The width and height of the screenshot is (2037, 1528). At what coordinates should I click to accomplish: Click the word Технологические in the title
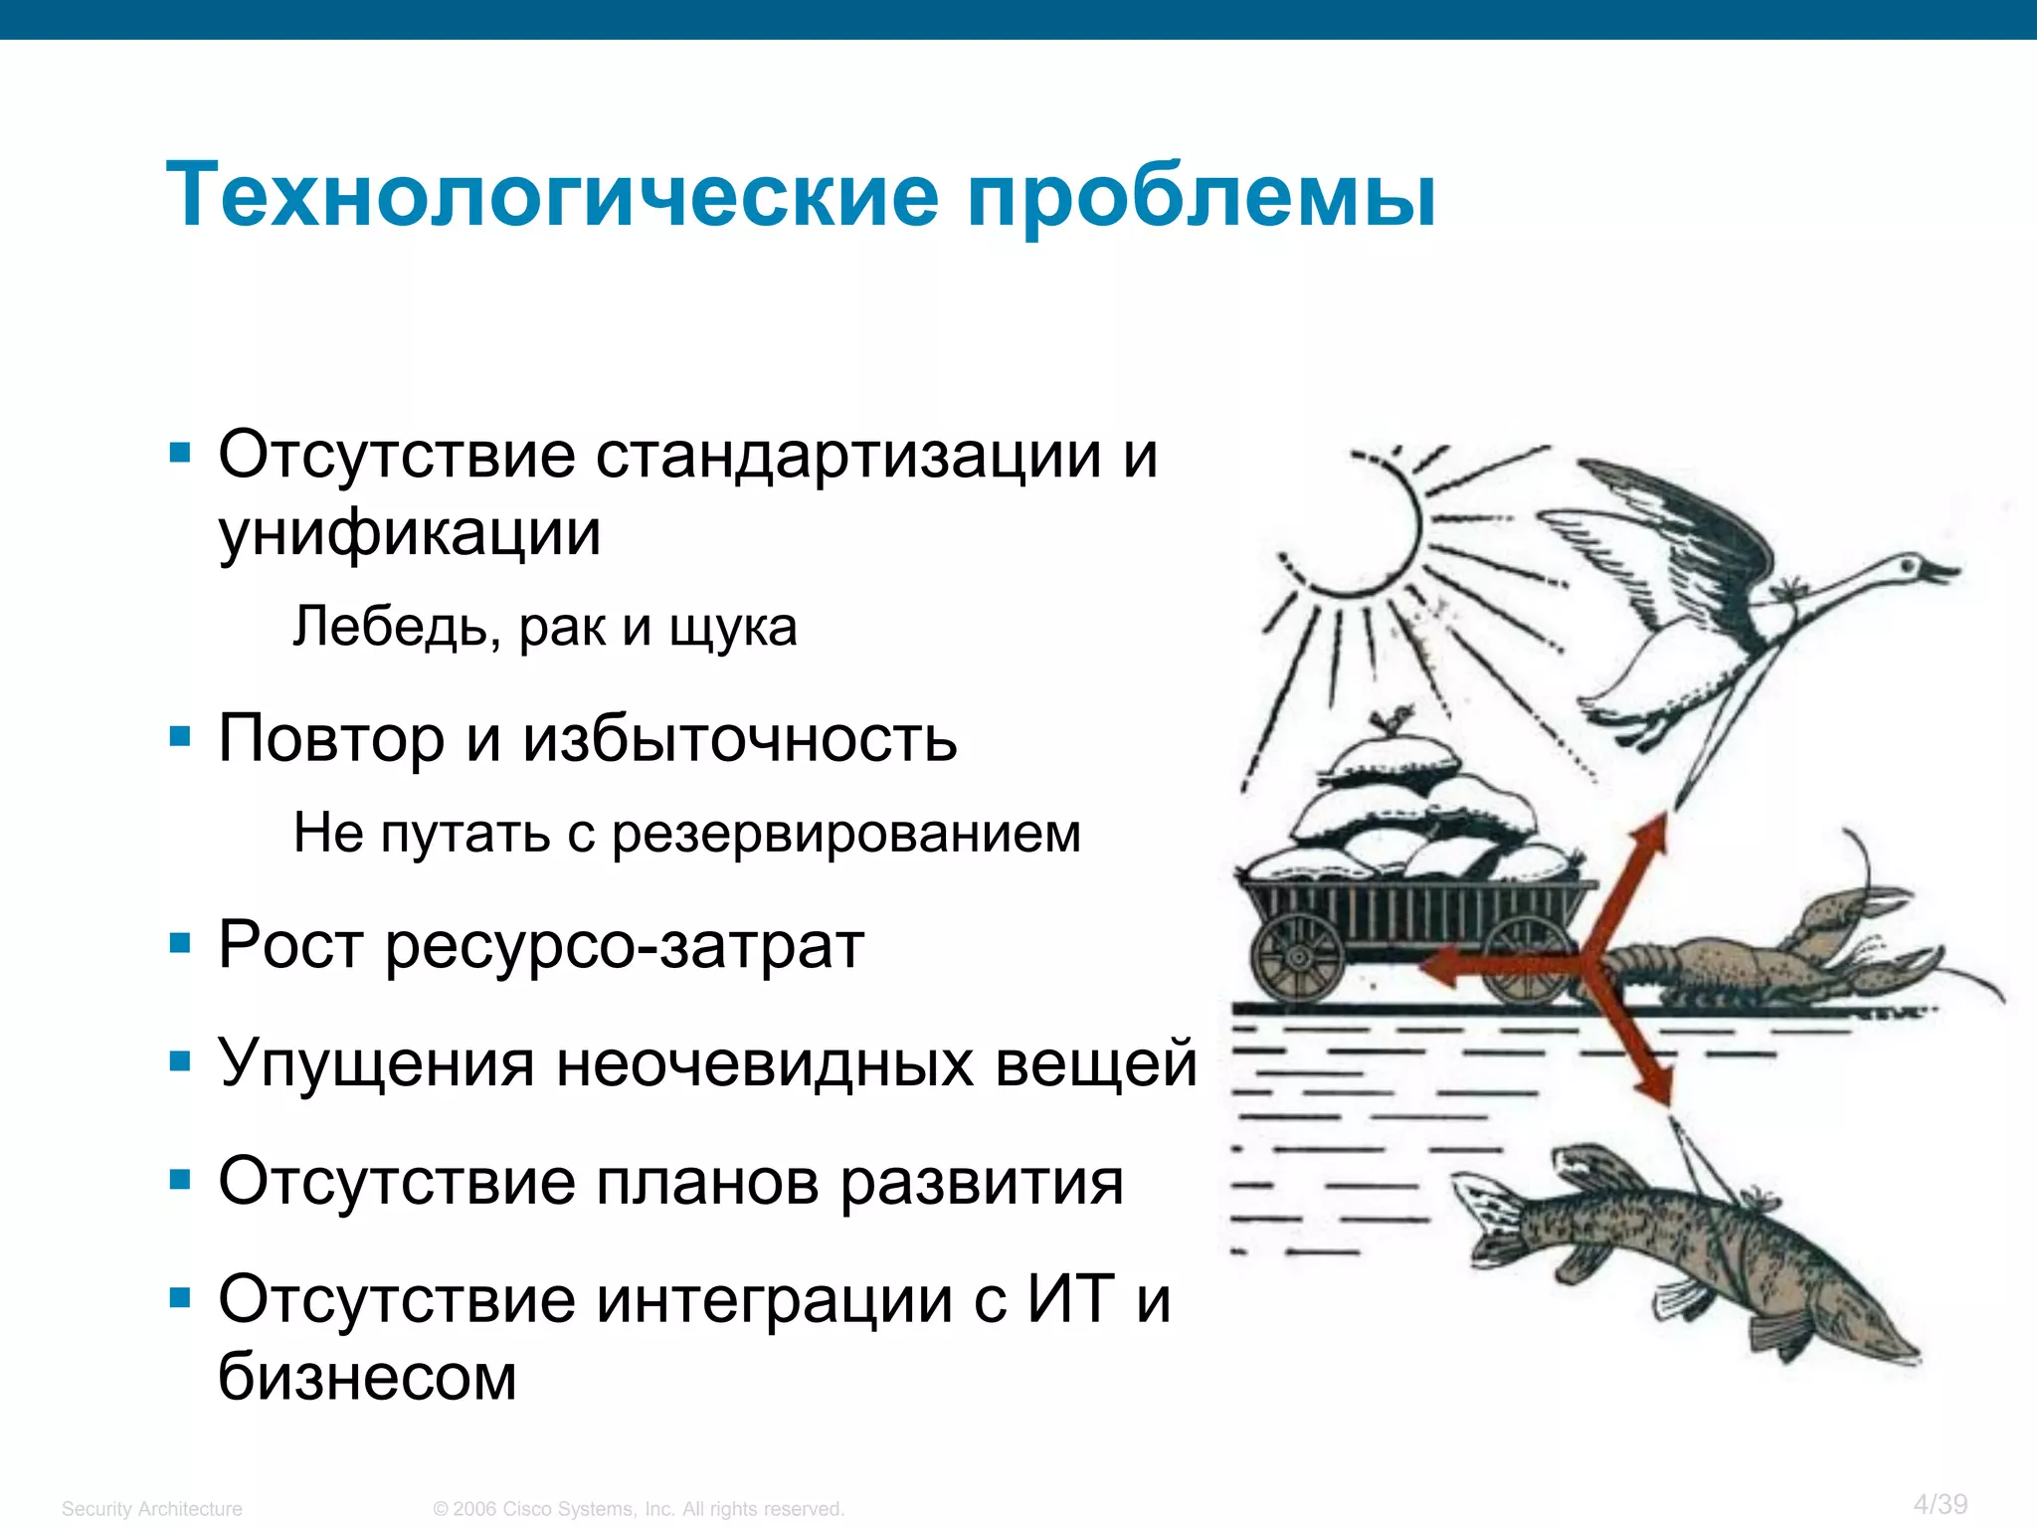click(552, 196)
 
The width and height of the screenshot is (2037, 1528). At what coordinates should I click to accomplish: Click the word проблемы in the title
click(1201, 196)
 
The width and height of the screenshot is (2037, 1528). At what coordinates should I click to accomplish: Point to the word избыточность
click(740, 739)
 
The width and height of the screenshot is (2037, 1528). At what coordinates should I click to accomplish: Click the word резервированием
click(845, 834)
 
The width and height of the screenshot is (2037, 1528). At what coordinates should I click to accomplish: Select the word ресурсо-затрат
click(625, 945)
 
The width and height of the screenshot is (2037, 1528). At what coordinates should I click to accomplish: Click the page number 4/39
click(1941, 1504)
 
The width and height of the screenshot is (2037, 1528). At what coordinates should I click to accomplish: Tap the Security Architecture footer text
click(151, 1509)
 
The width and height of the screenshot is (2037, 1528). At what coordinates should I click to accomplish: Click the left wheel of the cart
click(1298, 956)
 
